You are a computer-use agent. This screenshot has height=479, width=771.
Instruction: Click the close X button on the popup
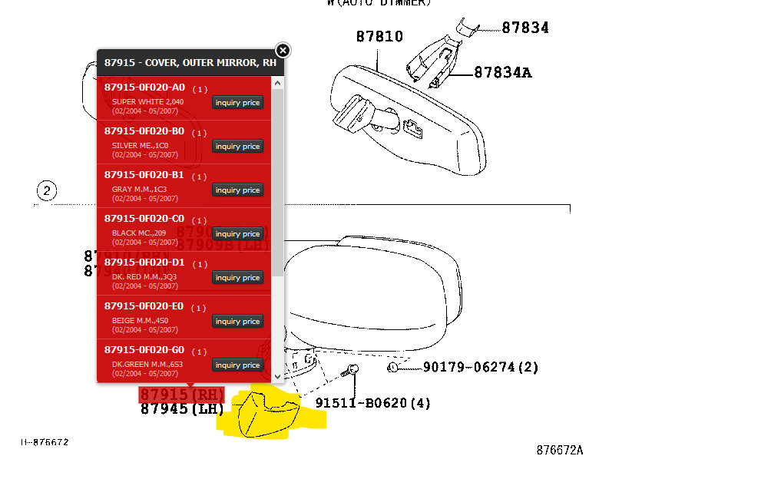[x=283, y=51]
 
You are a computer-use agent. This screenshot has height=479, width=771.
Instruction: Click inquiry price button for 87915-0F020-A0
[x=237, y=103]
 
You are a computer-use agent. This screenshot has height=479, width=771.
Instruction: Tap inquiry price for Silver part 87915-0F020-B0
[x=237, y=147]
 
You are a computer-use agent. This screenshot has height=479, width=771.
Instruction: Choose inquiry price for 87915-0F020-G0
[x=237, y=365]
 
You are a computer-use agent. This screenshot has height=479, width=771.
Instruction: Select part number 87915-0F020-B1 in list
[x=144, y=175]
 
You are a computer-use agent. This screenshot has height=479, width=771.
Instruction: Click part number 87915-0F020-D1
[x=144, y=263]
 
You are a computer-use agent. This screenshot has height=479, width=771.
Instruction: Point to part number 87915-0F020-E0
[x=144, y=306]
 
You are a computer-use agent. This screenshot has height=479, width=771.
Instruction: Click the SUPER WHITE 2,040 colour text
[x=147, y=101]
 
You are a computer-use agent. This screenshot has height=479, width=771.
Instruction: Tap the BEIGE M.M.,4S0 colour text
[x=140, y=321]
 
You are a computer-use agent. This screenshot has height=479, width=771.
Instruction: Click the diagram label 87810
[x=379, y=37]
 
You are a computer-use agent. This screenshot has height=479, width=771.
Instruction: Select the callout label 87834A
[x=503, y=73]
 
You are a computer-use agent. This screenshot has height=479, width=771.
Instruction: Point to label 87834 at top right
[x=525, y=28]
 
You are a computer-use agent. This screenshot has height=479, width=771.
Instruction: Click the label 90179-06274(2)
[x=481, y=368]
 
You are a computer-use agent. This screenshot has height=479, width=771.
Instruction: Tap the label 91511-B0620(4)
[x=373, y=403]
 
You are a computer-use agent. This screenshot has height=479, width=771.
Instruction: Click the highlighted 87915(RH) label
[x=182, y=395]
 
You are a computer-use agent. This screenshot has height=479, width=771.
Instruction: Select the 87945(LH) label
[x=182, y=409]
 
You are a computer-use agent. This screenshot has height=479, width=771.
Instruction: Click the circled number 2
[x=47, y=191]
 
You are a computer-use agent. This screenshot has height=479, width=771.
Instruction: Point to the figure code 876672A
[x=559, y=451]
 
